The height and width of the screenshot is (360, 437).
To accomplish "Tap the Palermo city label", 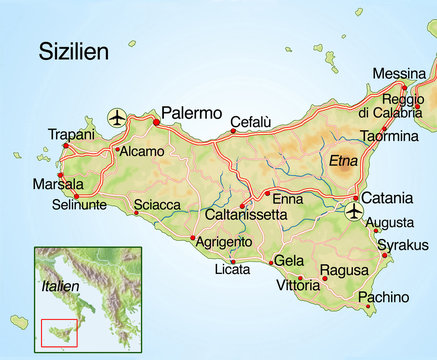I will [x=191, y=113].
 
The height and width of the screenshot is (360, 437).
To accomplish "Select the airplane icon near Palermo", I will [x=117, y=119].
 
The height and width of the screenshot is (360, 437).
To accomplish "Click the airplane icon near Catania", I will [x=354, y=212].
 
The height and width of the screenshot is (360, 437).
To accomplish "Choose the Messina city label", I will [x=397, y=74].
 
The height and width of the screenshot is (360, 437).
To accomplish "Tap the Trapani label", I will [x=70, y=135].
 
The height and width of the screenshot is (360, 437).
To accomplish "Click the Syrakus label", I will [x=403, y=245].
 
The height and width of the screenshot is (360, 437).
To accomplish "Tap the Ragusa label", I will [x=344, y=270].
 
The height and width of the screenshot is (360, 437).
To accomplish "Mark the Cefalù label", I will [x=250, y=122].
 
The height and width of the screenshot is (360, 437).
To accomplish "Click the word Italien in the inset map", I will [x=60, y=285].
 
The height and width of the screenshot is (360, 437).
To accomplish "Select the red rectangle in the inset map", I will [x=59, y=334].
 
